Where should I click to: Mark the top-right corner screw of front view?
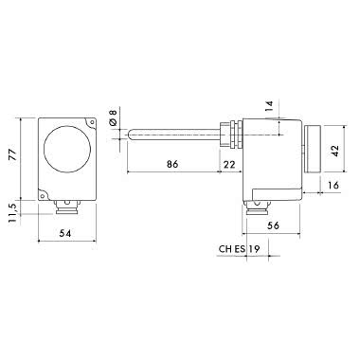[89, 123]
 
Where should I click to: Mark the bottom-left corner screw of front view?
[44, 192]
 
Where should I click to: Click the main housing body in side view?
[270, 156]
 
